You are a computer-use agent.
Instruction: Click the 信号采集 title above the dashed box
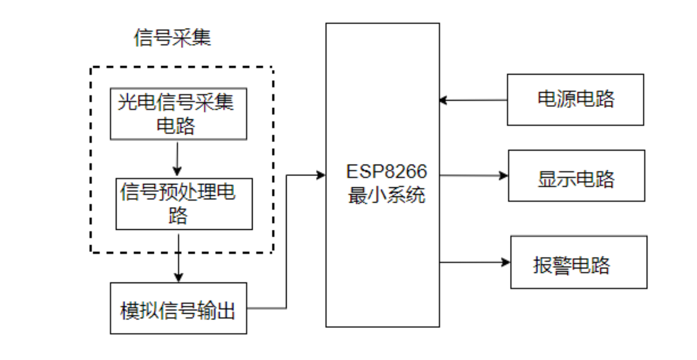(x=172, y=38)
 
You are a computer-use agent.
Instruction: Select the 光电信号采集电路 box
(x=178, y=114)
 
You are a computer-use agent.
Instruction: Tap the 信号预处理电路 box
(x=184, y=204)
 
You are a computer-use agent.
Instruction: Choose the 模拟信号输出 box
(x=178, y=308)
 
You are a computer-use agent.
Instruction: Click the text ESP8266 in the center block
(x=386, y=172)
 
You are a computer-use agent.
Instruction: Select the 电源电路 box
(x=575, y=100)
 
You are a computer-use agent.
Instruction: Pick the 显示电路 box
(x=576, y=176)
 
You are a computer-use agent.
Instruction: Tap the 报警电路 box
(x=578, y=262)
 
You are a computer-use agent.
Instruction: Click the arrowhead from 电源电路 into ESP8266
(x=443, y=100)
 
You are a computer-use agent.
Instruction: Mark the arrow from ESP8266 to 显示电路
(x=474, y=176)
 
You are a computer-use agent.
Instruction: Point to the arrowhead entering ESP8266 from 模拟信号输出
(x=321, y=175)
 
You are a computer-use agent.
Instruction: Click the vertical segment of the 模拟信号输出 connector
(x=286, y=242)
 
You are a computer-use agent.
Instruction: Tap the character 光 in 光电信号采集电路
(x=126, y=103)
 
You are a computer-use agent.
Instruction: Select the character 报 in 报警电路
(x=542, y=265)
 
